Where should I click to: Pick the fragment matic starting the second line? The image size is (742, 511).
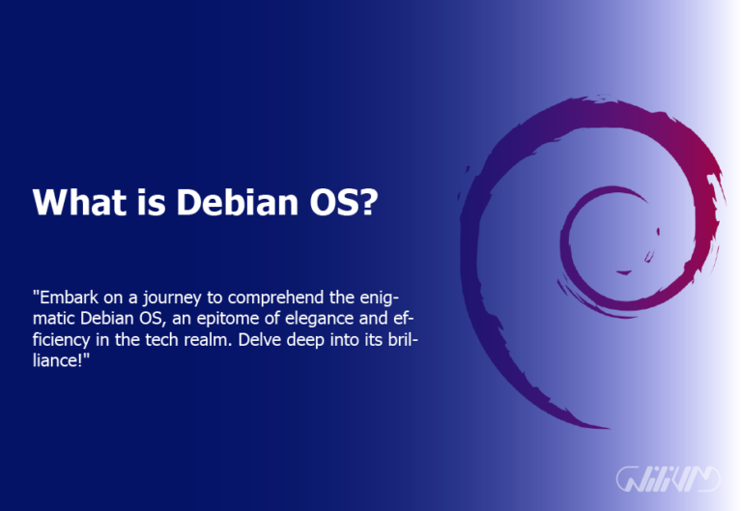54,318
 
